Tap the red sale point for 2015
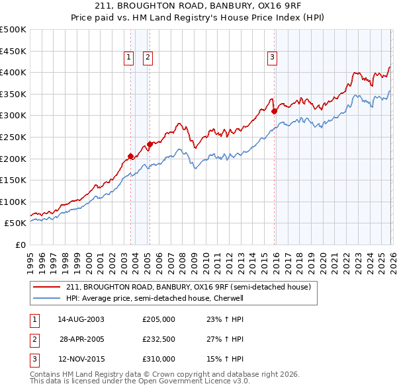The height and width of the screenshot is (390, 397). coord(274,111)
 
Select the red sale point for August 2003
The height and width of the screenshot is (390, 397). coord(130,157)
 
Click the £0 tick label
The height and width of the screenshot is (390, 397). coord(21,245)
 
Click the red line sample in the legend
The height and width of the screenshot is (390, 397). coord(48,287)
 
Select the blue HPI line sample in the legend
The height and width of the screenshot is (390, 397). coord(48,298)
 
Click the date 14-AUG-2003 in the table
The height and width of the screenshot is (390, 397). coord(81,319)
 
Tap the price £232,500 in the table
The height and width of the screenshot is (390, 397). coord(158,339)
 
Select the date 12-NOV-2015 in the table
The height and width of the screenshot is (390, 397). coord(81,359)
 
